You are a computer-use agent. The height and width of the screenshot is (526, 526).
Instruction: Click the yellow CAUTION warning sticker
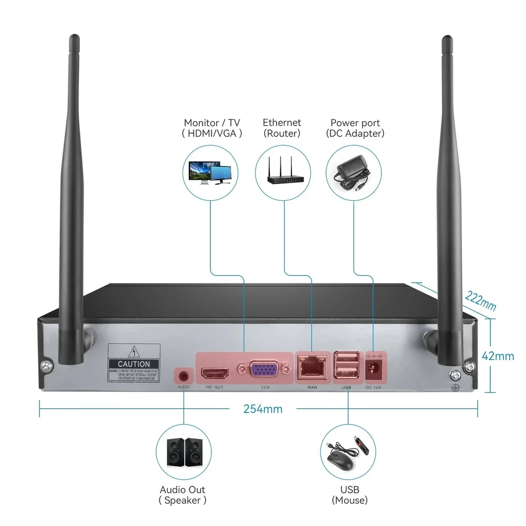point(133,363)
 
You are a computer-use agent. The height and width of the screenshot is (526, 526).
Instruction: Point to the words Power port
point(355,123)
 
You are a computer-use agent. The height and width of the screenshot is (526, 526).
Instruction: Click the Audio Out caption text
point(183,490)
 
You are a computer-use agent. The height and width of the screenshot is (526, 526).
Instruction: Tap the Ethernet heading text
point(282,123)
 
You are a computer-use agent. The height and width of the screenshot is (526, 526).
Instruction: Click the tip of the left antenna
point(72,39)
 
